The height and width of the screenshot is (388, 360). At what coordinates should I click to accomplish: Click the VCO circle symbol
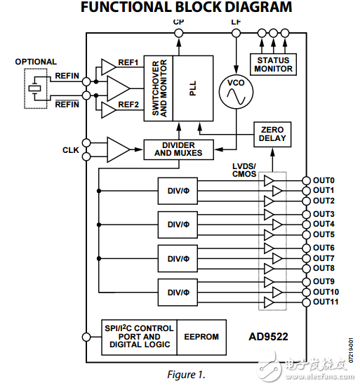pyautogui.click(x=236, y=93)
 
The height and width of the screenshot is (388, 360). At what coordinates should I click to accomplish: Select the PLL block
pyautogui.click(x=193, y=86)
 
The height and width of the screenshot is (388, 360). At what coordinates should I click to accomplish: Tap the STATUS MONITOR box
pyautogui.click(x=273, y=65)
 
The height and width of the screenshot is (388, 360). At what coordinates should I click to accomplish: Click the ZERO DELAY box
pyautogui.click(x=272, y=134)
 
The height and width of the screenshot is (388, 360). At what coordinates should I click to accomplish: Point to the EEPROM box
pyautogui.click(x=201, y=337)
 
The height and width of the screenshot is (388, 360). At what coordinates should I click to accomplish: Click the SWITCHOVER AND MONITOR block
pyautogui.click(x=159, y=86)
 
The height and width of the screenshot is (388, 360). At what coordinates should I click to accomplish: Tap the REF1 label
pyautogui.click(x=128, y=62)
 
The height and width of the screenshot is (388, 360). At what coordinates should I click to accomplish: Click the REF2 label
pyautogui.click(x=128, y=105)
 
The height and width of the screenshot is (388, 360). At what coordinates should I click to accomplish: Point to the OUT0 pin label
pyautogui.click(x=324, y=180)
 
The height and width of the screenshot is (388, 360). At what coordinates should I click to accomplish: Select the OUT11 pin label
pyautogui.click(x=326, y=302)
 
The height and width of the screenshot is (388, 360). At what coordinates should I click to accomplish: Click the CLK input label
pyautogui.click(x=70, y=150)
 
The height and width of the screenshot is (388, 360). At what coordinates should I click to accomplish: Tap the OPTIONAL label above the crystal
pyautogui.click(x=36, y=62)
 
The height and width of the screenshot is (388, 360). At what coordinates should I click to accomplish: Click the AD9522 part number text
pyautogui.click(x=267, y=336)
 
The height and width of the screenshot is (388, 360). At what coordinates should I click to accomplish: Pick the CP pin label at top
pyautogui.click(x=178, y=22)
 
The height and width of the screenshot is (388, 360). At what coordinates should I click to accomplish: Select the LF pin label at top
pyautogui.click(x=236, y=22)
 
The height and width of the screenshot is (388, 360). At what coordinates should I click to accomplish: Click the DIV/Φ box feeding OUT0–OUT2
pyautogui.click(x=173, y=191)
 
